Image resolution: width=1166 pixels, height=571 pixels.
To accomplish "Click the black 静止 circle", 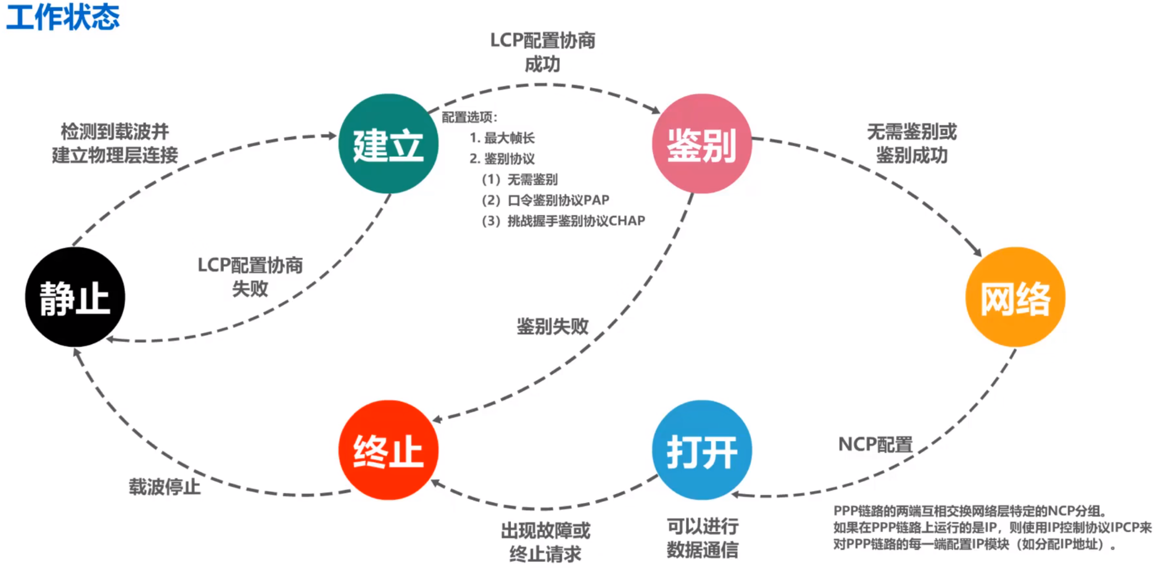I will point(75,297).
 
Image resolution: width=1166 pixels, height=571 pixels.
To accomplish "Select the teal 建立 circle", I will point(388,144).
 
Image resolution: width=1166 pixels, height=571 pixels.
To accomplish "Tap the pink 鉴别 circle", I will point(702,144).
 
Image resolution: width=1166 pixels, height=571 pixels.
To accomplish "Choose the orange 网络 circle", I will point(1015,297).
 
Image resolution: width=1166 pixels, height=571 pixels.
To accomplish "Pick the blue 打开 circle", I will point(702,450).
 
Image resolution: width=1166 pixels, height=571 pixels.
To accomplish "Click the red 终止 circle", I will point(388,450).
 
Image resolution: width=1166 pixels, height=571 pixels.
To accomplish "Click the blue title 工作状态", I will point(63,17).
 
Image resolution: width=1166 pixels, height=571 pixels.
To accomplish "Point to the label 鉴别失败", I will point(552,326).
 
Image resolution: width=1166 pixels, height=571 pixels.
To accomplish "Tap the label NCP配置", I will point(875,445).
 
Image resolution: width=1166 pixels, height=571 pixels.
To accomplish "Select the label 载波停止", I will point(165,487).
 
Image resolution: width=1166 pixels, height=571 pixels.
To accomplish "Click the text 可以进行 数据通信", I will point(702,538).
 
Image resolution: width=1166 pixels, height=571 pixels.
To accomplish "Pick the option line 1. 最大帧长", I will point(502,138).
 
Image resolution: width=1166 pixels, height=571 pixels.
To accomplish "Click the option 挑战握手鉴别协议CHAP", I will point(563,221).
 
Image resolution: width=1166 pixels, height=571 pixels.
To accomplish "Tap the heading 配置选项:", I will point(469,117).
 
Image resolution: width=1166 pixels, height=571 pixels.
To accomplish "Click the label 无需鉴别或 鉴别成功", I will point(912,143).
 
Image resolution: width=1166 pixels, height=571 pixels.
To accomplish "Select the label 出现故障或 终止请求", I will point(545,542).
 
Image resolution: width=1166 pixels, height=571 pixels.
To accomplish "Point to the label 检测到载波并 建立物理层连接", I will point(115,143).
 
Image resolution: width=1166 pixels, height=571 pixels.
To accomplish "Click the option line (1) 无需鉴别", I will point(520,179).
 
